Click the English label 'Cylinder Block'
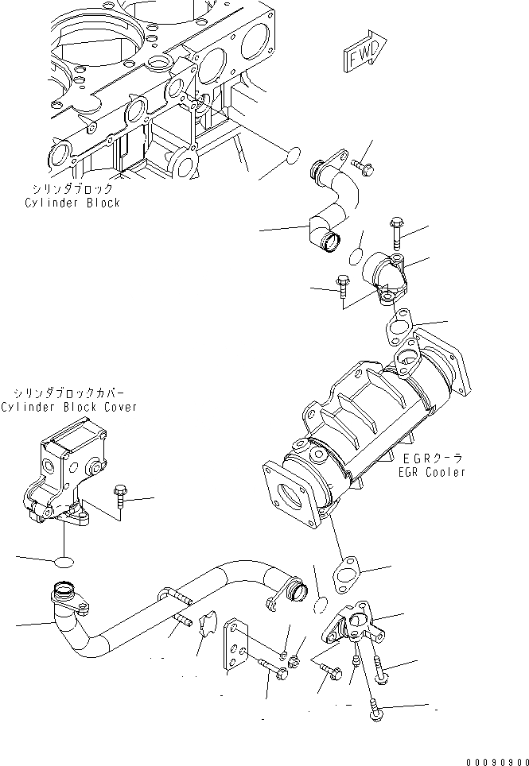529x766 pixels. [72, 203]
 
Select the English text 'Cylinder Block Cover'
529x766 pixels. [68, 407]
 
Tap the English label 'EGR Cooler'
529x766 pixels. [433, 472]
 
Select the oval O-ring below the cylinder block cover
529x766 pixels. [64, 563]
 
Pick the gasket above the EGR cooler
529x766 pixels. [398, 326]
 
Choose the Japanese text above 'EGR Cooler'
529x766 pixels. [433, 458]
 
